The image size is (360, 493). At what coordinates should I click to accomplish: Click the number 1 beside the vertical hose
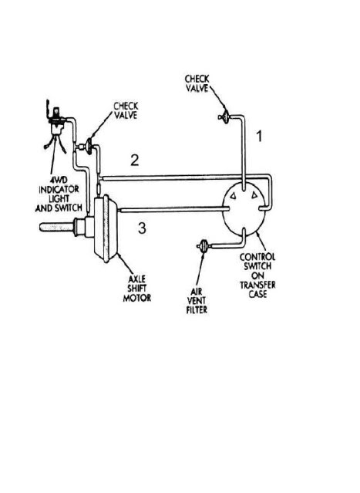click(259, 136)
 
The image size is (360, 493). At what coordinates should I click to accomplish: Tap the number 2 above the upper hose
click(135, 160)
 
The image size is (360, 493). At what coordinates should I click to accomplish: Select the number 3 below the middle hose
click(142, 228)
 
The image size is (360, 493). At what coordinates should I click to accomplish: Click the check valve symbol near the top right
click(224, 117)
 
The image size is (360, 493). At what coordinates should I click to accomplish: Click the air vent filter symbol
click(204, 246)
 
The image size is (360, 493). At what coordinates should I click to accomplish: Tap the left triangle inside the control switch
click(233, 196)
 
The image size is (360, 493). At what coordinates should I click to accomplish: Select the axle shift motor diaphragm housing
click(106, 228)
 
